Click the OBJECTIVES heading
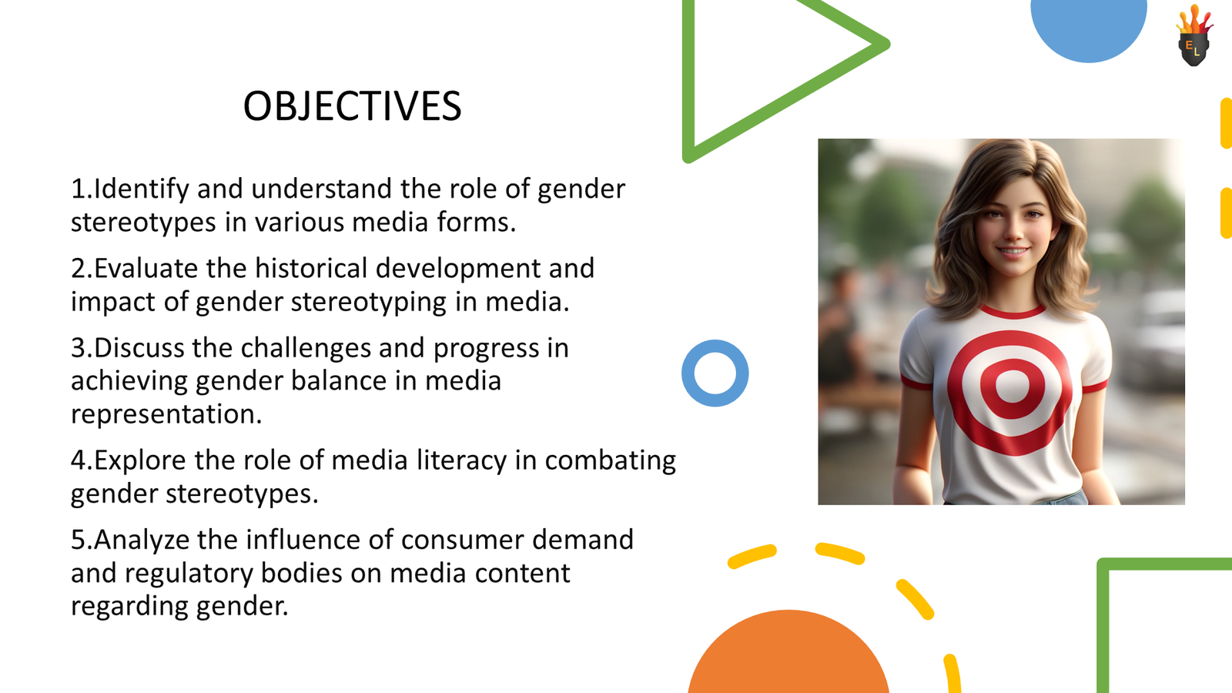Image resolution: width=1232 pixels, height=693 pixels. tap(352, 106)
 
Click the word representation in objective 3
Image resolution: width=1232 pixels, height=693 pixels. tap(166, 414)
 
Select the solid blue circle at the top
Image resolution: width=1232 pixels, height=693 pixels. tap(1089, 27)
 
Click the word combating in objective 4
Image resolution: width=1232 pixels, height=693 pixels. tap(610, 460)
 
